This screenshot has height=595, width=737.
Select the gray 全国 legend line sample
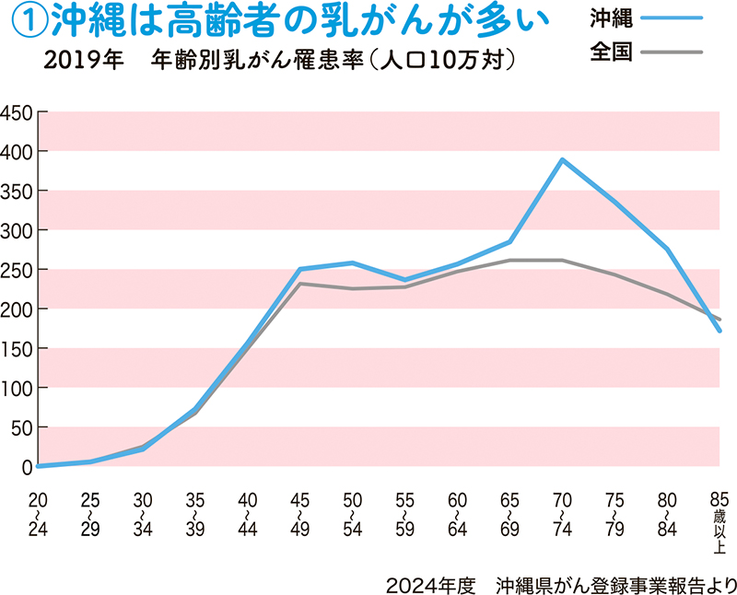670,52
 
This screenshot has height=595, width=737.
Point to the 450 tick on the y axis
18,112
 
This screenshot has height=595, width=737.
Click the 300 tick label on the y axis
18,230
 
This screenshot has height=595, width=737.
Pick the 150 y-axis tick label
18,349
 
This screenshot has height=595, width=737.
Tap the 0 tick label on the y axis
29,467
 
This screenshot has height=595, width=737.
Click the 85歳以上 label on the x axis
719,520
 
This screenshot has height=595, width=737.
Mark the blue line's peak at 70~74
561,160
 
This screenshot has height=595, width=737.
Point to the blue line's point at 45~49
299,269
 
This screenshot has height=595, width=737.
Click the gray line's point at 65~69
509,261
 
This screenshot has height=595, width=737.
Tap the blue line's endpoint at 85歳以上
719,331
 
